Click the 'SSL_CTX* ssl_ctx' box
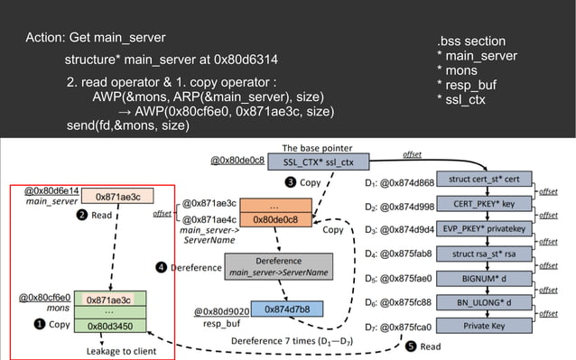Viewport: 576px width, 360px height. click(317, 162)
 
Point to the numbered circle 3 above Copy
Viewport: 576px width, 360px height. click(292, 182)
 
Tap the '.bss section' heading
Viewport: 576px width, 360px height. click(470, 42)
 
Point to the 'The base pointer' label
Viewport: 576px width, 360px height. click(317, 147)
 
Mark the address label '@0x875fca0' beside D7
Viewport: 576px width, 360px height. click(407, 326)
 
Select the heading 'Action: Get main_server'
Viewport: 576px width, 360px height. click(96, 37)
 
